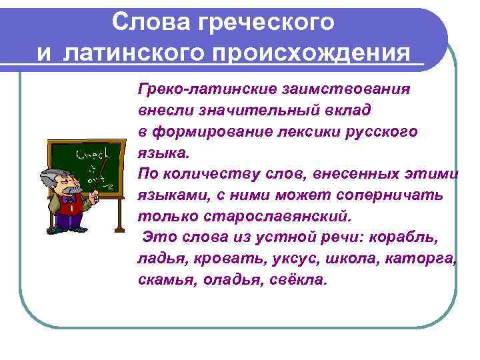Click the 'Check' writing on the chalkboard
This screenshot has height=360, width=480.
pyautogui.click(x=89, y=155)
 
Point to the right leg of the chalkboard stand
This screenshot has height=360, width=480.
pyautogui.click(x=119, y=213)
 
